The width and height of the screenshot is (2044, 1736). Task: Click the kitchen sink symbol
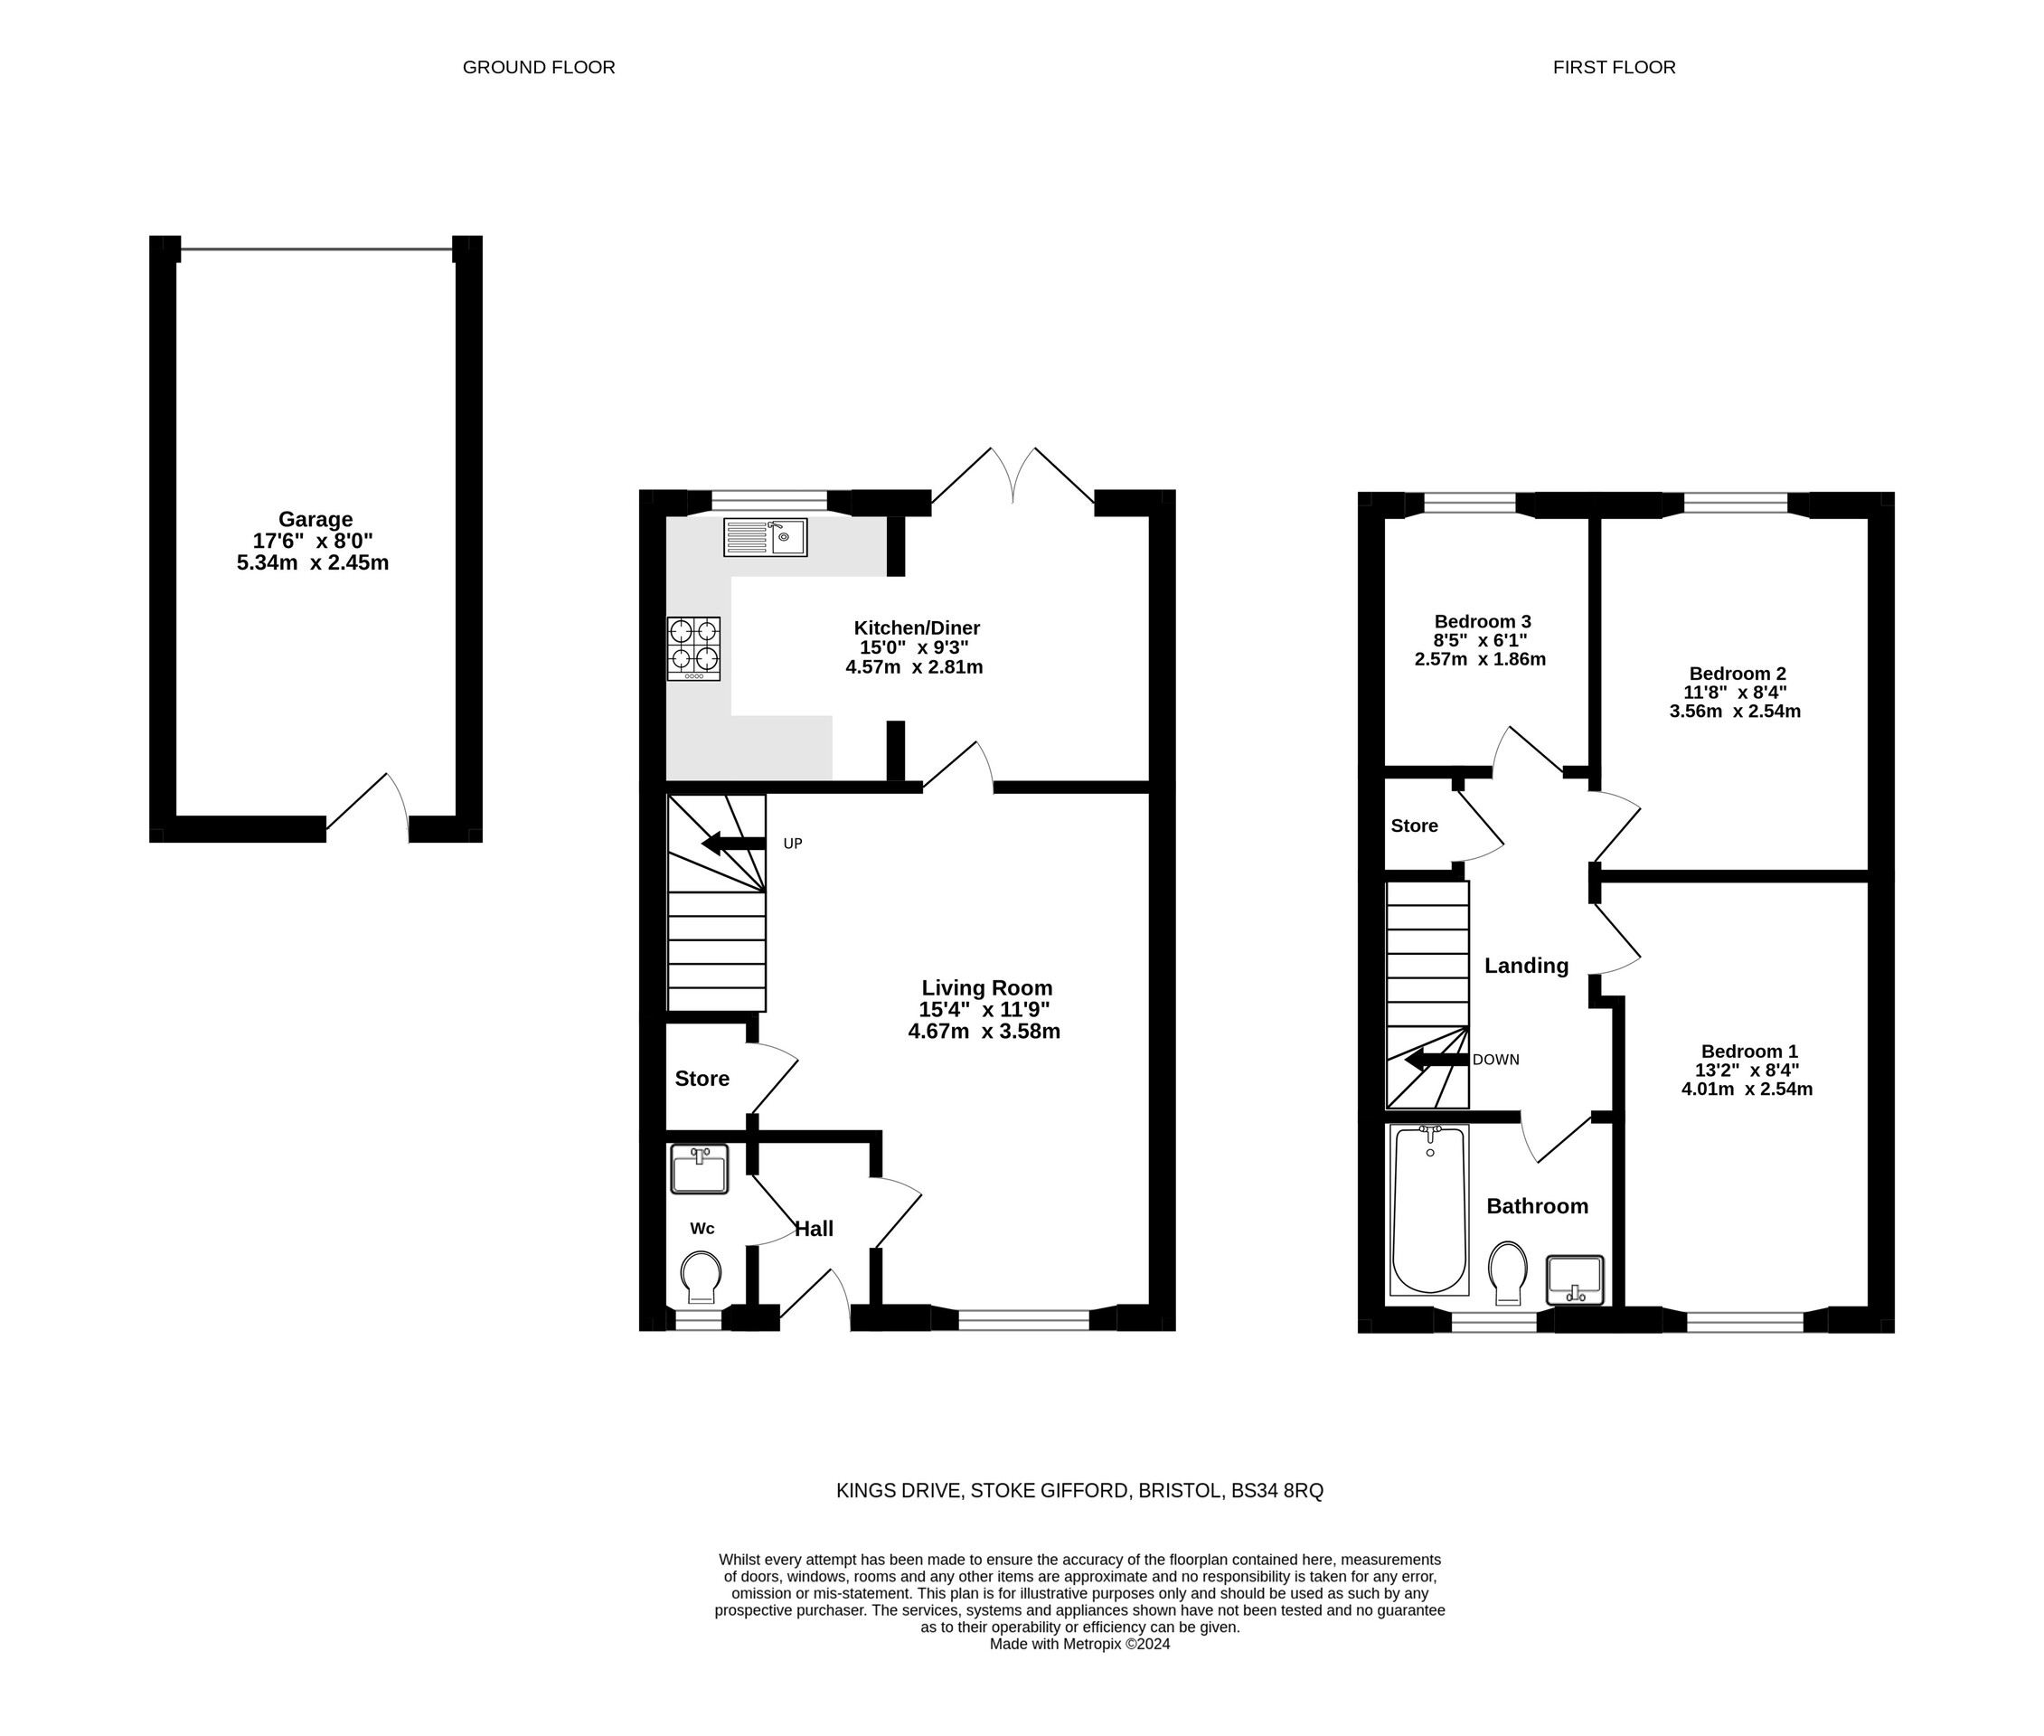coord(765,537)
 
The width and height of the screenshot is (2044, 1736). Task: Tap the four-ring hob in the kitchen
coord(692,647)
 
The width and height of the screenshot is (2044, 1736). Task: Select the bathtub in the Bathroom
coord(1428,1210)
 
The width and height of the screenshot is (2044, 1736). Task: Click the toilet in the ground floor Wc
coord(700,1278)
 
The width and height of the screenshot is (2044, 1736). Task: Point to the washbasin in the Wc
coord(699,1168)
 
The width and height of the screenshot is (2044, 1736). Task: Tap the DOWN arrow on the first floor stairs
coord(1436,1060)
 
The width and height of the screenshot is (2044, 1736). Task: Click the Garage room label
coord(315,519)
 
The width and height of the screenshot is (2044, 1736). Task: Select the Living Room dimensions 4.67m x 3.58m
coord(984,1032)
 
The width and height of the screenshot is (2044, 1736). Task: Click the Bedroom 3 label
coord(1481,621)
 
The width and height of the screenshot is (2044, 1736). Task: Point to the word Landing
coord(1525,966)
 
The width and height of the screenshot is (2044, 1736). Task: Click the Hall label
coord(813,1228)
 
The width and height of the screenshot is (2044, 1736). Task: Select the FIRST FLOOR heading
coord(1613,67)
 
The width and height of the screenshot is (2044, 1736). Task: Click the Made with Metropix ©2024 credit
coord(1079,1644)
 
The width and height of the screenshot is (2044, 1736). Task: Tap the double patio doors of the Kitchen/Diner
coord(1013,477)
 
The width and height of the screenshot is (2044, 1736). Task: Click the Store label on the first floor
coord(1413,826)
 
